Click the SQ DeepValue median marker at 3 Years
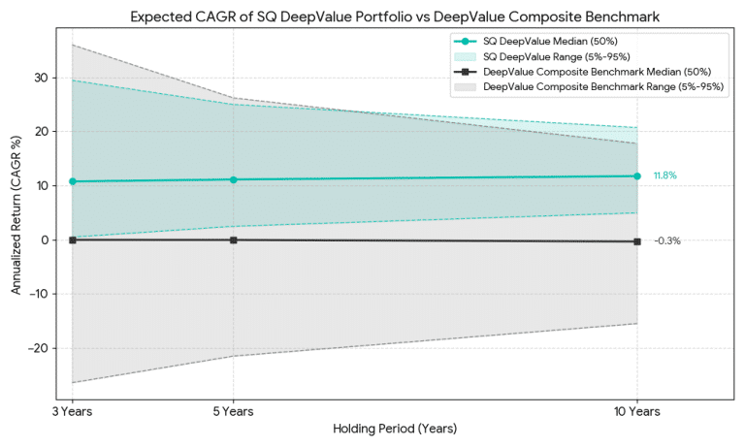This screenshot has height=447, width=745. tap(72, 181)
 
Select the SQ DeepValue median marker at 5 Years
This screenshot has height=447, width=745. tap(233, 179)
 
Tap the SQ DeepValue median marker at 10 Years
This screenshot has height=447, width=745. tap(636, 176)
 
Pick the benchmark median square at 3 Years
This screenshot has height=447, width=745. tap(72, 239)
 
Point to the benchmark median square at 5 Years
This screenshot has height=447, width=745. tap(233, 239)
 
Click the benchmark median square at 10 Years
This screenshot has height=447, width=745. tap(636, 241)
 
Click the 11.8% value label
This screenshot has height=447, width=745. tap(664, 176)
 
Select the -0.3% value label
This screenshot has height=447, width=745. tap(666, 241)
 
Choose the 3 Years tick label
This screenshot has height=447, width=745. tap(72, 411)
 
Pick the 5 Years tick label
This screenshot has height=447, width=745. tap(233, 411)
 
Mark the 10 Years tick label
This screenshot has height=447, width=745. tap(636, 411)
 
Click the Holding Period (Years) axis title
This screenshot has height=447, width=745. tap(394, 429)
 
